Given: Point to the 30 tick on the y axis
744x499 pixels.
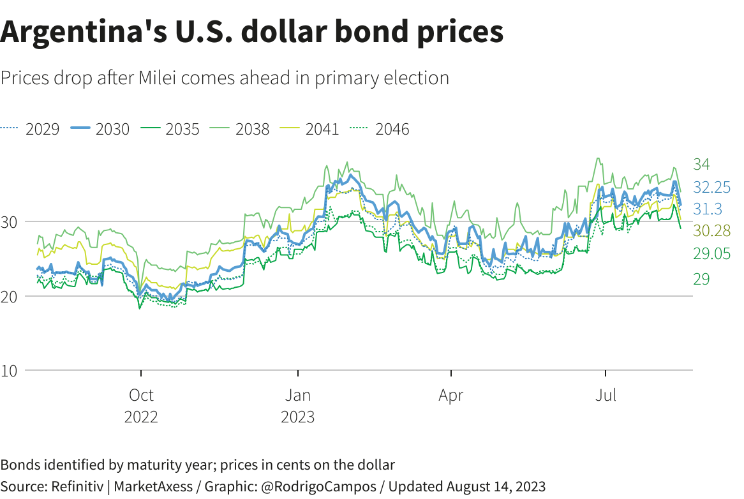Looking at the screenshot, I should (x=13, y=222).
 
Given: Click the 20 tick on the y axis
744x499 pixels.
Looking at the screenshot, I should (x=13, y=297).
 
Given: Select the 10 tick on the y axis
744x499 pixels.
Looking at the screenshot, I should (x=13, y=371).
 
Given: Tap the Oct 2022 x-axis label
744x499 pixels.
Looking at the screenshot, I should (x=141, y=406).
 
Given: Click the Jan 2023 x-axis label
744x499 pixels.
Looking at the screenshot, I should (x=298, y=406).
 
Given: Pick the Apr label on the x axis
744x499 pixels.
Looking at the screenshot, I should (x=451, y=396).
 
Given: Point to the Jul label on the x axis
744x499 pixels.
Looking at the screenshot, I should (x=606, y=396).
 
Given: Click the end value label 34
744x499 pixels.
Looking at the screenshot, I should (x=701, y=165).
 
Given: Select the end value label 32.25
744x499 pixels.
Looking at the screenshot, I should (x=712, y=188).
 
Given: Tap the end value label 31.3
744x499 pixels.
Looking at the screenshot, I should (x=708, y=209).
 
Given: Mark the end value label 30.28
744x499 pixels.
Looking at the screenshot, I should (x=712, y=230).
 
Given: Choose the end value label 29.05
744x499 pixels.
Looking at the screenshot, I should (x=712, y=253).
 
